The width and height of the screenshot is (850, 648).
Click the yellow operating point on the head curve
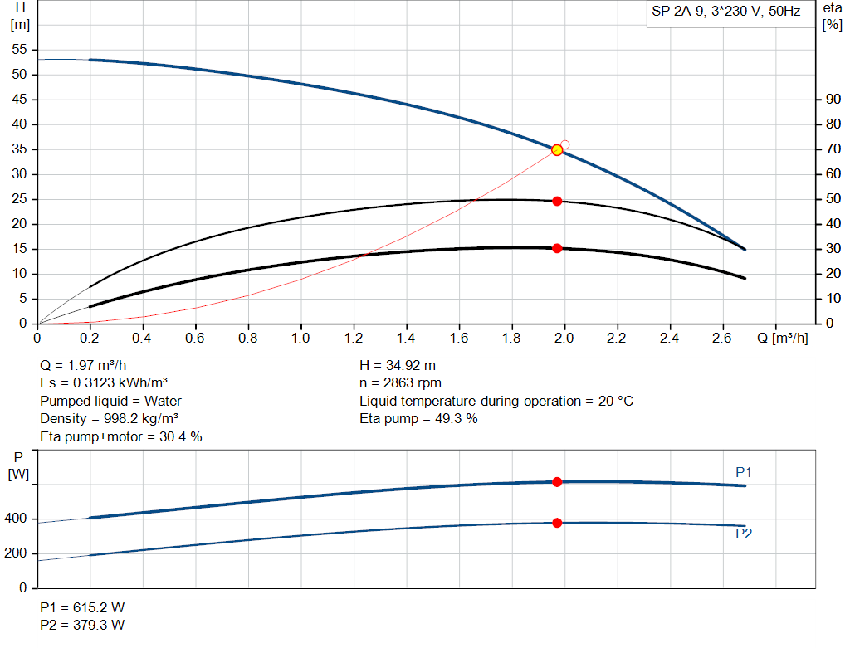[557, 149]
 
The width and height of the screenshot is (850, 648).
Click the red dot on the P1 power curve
[557, 482]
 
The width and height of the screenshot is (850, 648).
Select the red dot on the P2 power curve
[557, 523]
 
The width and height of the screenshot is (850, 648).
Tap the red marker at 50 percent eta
[557, 201]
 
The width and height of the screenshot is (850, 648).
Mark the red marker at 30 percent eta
[557, 248]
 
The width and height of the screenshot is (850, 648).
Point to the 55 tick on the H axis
[22, 50]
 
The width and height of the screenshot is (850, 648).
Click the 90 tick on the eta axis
[830, 100]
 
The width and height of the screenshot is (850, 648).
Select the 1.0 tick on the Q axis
[300, 339]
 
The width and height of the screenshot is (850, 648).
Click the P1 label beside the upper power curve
[744, 472]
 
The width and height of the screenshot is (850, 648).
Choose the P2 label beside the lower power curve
[744, 534]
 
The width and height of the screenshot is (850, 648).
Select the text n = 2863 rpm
[400, 383]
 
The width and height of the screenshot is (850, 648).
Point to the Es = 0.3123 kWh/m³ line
[105, 383]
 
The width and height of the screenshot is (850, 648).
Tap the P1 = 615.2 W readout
[82, 607]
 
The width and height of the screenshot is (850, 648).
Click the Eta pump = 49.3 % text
[418, 418]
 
